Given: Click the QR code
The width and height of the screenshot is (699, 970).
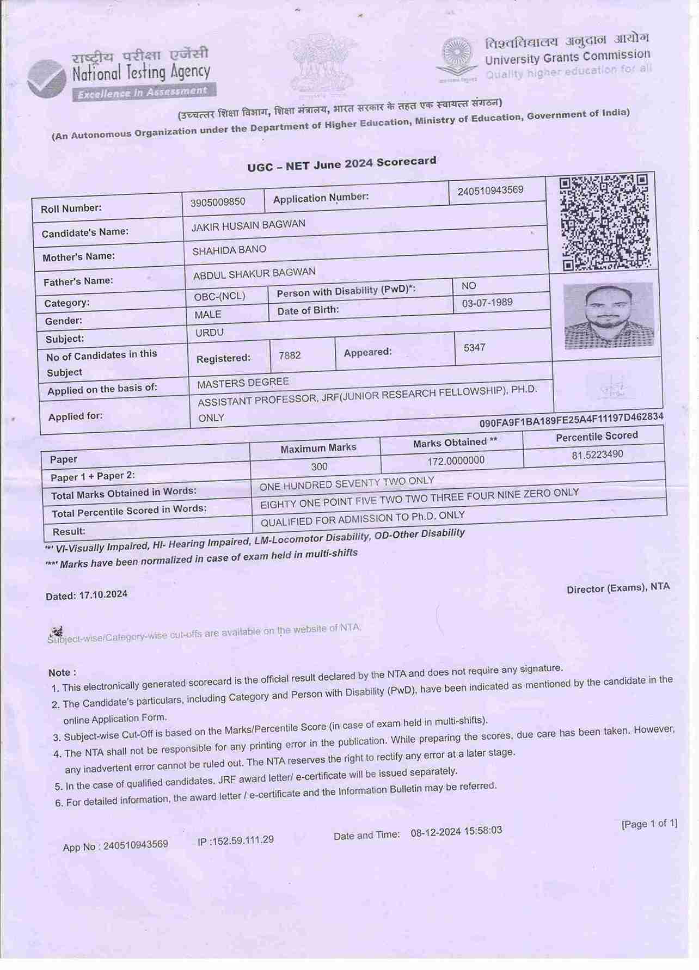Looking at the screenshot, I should click(604, 222).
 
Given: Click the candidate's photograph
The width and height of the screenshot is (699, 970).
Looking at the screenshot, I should click(608, 315).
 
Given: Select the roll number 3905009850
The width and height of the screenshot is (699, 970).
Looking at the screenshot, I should click(218, 202).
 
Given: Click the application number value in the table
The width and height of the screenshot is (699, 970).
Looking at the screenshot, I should click(490, 191).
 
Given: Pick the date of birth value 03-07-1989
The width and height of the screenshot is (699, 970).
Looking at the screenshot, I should click(487, 303).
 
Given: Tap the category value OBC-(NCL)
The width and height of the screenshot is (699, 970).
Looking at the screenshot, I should click(219, 296).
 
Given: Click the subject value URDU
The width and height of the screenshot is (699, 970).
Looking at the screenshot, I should click(210, 333).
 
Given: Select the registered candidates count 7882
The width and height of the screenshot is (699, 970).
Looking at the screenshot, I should click(290, 355).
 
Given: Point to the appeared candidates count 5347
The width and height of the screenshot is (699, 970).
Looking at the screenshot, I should click(474, 347).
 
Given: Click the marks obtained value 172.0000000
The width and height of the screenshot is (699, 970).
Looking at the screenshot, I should click(456, 461).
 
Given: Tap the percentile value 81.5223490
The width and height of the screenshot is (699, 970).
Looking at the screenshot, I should click(597, 455).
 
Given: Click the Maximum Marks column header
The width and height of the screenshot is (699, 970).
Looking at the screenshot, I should click(318, 448).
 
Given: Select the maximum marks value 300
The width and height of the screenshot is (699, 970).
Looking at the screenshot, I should click(320, 466).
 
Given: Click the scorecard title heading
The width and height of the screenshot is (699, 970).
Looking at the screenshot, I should click(342, 164).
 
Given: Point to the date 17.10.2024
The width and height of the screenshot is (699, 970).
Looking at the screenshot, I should click(103, 594).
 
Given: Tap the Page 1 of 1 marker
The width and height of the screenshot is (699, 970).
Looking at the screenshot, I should click(649, 824).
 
